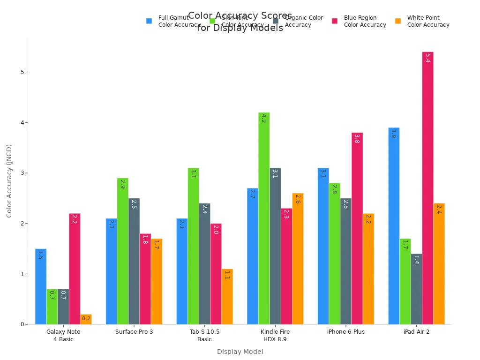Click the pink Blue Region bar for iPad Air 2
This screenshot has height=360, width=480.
click(427, 187)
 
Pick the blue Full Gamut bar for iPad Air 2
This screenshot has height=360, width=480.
click(394, 225)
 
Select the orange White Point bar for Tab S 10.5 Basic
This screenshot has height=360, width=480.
click(227, 296)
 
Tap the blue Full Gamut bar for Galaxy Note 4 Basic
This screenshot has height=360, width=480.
click(41, 286)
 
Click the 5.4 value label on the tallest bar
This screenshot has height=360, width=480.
click(427, 58)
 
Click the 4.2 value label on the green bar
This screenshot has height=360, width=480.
click(264, 119)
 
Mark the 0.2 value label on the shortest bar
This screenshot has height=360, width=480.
click(86, 319)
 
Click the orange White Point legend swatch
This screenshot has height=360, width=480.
click(398, 21)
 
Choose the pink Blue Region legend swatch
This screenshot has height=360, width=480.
click(335, 21)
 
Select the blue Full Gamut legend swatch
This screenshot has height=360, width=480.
click(149, 21)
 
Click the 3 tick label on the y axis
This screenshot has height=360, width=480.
click(22, 173)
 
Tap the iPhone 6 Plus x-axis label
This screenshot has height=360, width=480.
click(346, 332)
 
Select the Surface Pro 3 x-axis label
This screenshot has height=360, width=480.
click(134, 332)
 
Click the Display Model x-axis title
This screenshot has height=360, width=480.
click(240, 352)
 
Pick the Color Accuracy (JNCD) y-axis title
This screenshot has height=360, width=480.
click(9, 180)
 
